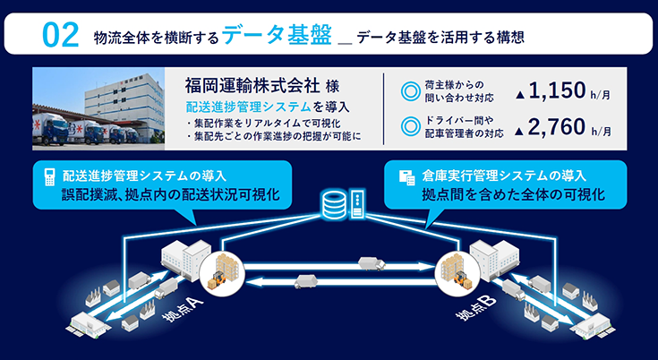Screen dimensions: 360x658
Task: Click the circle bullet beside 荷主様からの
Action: [x=411, y=90]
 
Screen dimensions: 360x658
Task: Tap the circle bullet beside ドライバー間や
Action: [x=411, y=126]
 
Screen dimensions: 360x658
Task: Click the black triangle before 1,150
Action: [x=520, y=92]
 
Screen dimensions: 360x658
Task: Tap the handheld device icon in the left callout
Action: [x=47, y=176]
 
